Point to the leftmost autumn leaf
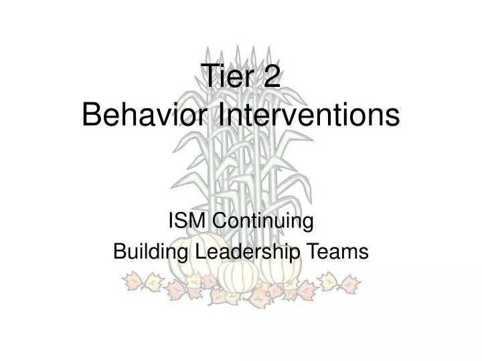tap(131, 281)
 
